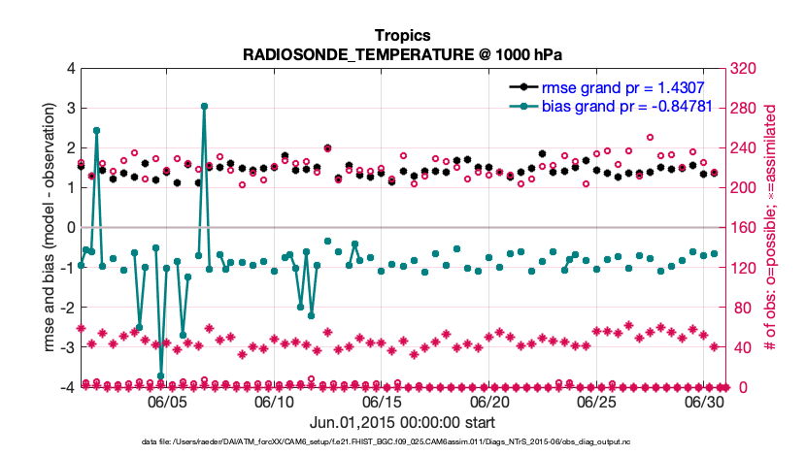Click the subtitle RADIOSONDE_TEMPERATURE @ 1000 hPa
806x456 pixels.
tap(402, 53)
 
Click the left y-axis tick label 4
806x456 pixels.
tap(70, 68)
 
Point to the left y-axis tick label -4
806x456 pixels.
tap(66, 387)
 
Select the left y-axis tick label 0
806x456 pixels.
tap(70, 227)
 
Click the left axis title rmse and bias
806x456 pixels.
tap(41, 227)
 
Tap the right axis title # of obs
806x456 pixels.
tap(773, 227)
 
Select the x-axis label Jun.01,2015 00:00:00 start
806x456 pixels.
tap(402, 422)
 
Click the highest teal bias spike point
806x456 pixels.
tap(204, 107)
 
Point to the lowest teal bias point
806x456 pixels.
tap(160, 375)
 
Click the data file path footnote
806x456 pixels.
tap(402, 442)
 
